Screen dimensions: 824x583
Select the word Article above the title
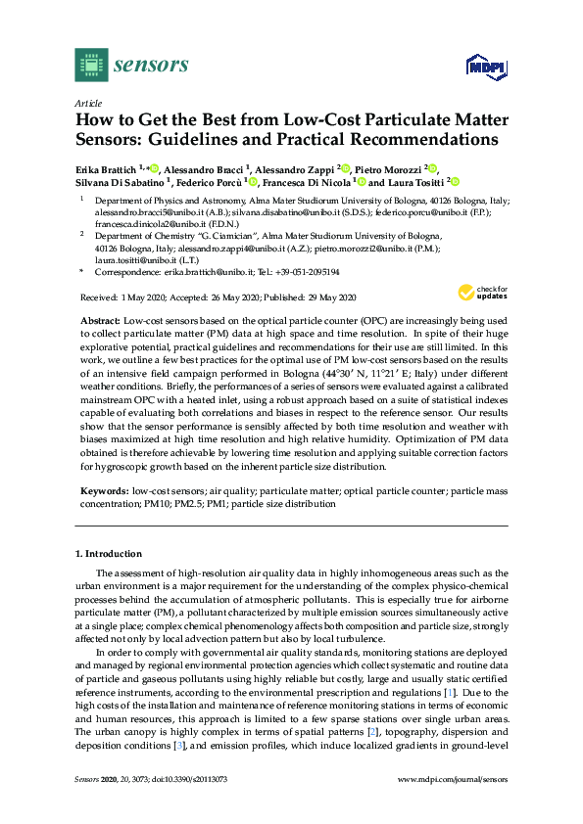click(89, 102)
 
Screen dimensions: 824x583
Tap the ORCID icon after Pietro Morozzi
click(433, 169)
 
